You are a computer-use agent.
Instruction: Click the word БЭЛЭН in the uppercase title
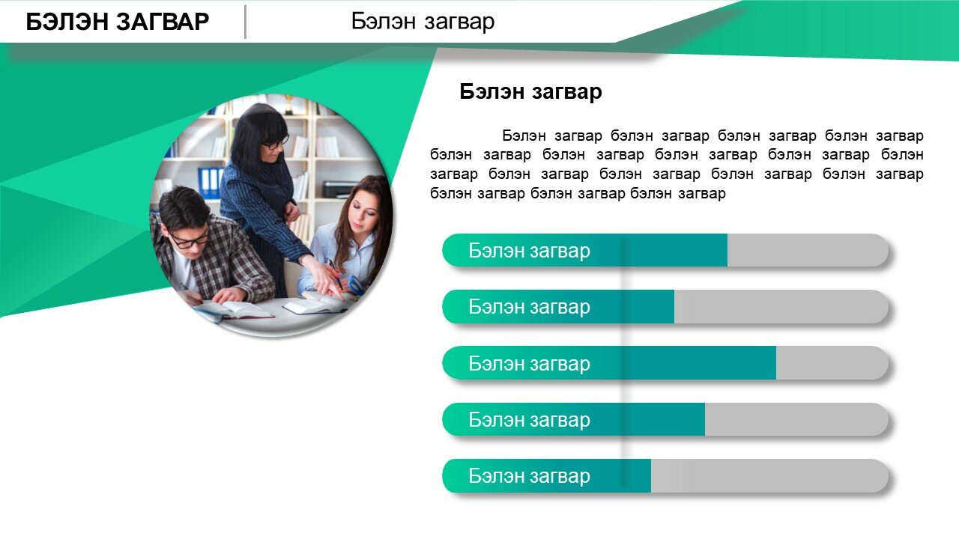67,22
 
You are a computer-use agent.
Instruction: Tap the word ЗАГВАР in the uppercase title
163,22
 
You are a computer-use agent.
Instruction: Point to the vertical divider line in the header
245,22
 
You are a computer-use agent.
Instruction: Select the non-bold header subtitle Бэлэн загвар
423,22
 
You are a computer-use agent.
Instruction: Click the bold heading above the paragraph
530,91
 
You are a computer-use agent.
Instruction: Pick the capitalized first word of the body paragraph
524,135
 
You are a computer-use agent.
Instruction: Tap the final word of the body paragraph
702,194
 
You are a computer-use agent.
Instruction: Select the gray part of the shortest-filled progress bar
770,475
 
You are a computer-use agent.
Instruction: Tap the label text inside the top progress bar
529,251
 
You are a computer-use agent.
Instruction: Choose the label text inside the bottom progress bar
529,476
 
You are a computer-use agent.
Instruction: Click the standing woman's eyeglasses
275,143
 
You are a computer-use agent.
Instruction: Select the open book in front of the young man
233,310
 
